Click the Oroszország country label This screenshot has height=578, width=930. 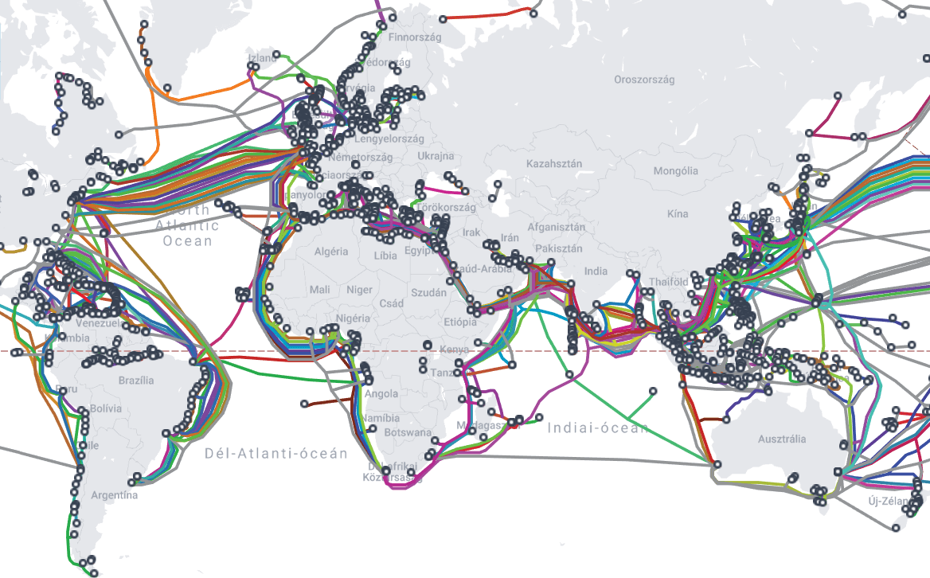click(644, 80)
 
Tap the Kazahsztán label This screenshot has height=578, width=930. click(554, 164)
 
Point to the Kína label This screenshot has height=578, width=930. click(678, 214)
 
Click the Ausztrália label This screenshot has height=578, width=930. click(782, 439)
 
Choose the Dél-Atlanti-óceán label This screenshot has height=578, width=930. click(276, 453)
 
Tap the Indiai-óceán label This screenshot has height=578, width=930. click(598, 428)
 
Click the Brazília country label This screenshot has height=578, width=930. click(135, 381)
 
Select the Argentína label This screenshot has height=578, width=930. click(114, 495)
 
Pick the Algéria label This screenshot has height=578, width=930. click(331, 252)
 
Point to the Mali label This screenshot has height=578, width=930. click(320, 290)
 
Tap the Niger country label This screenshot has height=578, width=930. click(359, 290)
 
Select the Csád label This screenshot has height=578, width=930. click(391, 303)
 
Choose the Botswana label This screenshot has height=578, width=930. click(408, 433)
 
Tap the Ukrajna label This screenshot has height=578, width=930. click(436, 156)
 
